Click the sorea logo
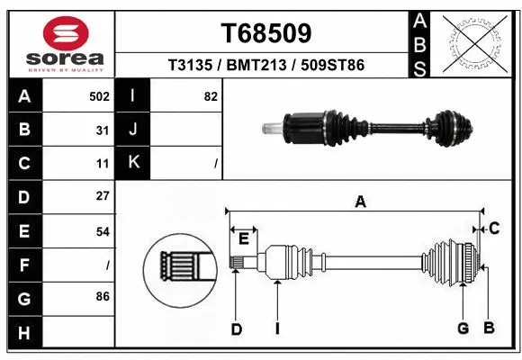coord(61,44)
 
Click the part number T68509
coord(266,33)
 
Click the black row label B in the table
coord(24,130)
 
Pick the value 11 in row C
coord(103,164)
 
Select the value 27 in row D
coord(102,196)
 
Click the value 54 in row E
coord(102,231)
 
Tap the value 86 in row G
coord(102,295)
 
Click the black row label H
coord(24,333)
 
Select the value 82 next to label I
coord(211,96)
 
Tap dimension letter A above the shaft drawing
coord(360,202)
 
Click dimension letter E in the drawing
coord(243,238)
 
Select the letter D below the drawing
coord(236,329)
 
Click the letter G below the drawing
coord(463,328)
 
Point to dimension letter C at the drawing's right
coord(494,229)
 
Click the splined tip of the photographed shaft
coord(269,128)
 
